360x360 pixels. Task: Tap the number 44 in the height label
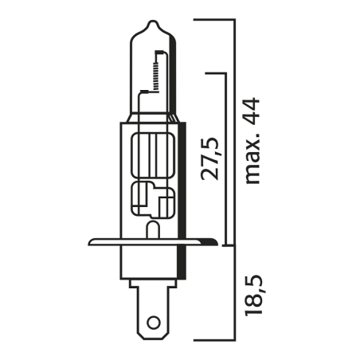coord(252,110)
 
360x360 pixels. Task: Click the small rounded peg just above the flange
coord(151,229)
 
